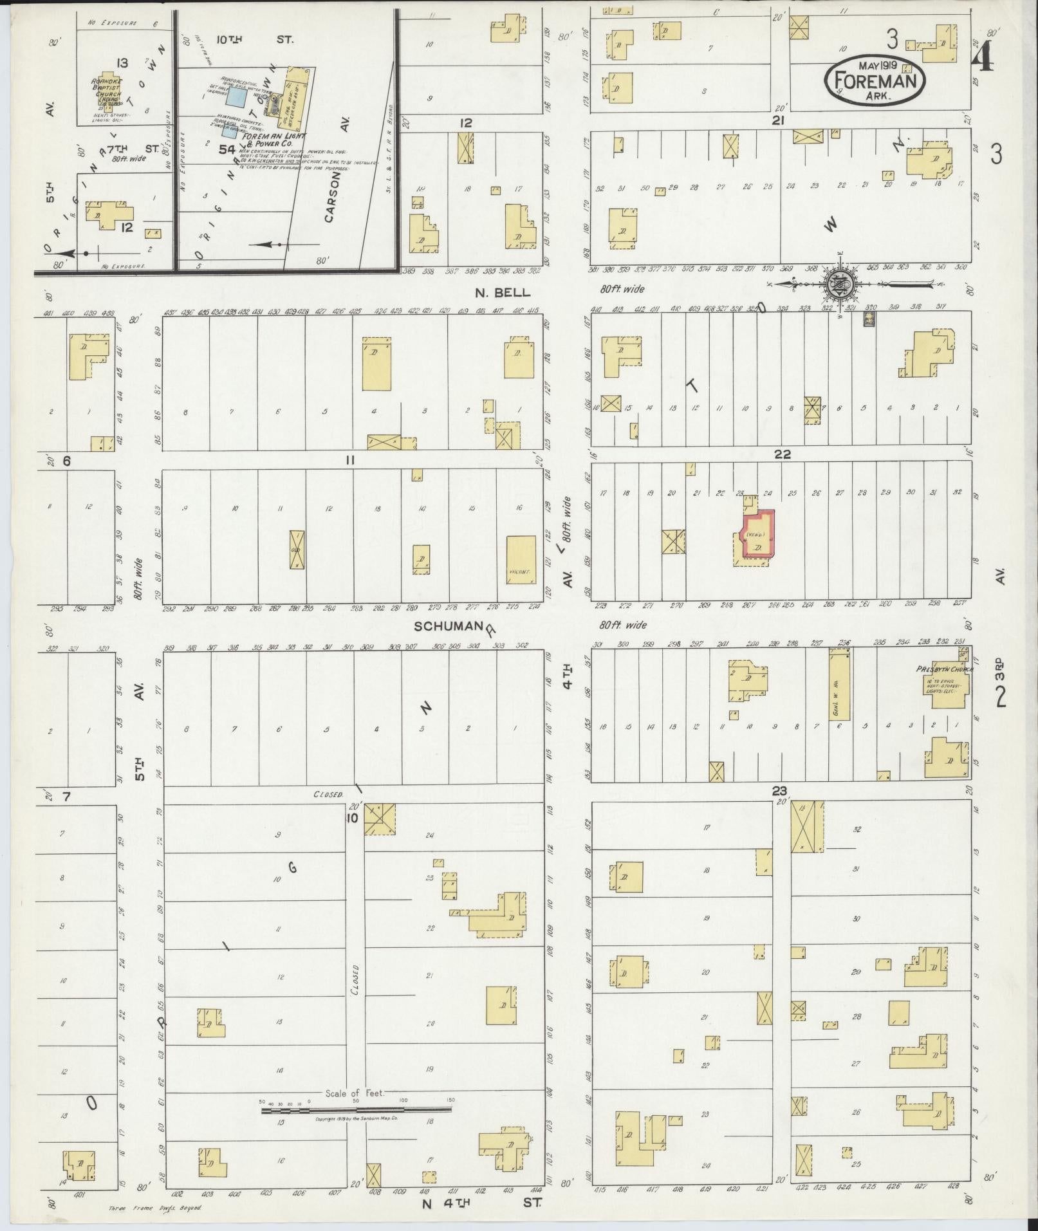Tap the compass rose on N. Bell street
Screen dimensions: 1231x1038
(x=840, y=282)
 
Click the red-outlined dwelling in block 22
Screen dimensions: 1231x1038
(x=759, y=533)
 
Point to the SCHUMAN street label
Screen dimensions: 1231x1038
(x=449, y=625)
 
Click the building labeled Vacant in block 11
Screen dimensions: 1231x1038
(x=521, y=560)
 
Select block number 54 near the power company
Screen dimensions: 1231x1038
(x=227, y=149)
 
